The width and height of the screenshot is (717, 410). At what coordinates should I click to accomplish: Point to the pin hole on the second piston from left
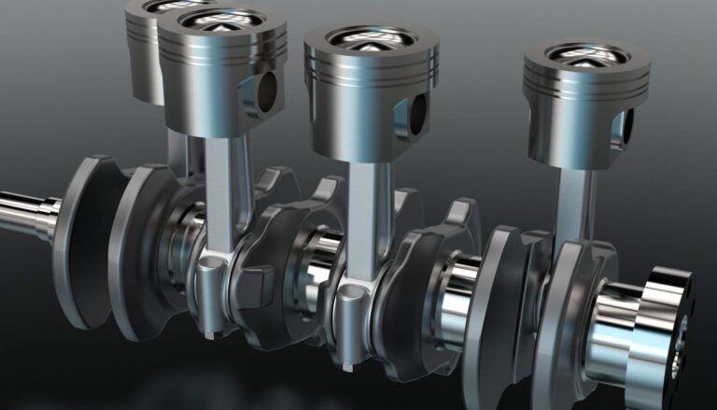coord(267,89)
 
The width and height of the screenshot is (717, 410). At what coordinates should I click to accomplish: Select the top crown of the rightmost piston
coord(585,53)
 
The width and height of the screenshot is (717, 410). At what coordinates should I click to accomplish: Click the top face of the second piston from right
coord(371,38)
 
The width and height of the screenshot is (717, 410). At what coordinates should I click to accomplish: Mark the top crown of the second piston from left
coord(222,21)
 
